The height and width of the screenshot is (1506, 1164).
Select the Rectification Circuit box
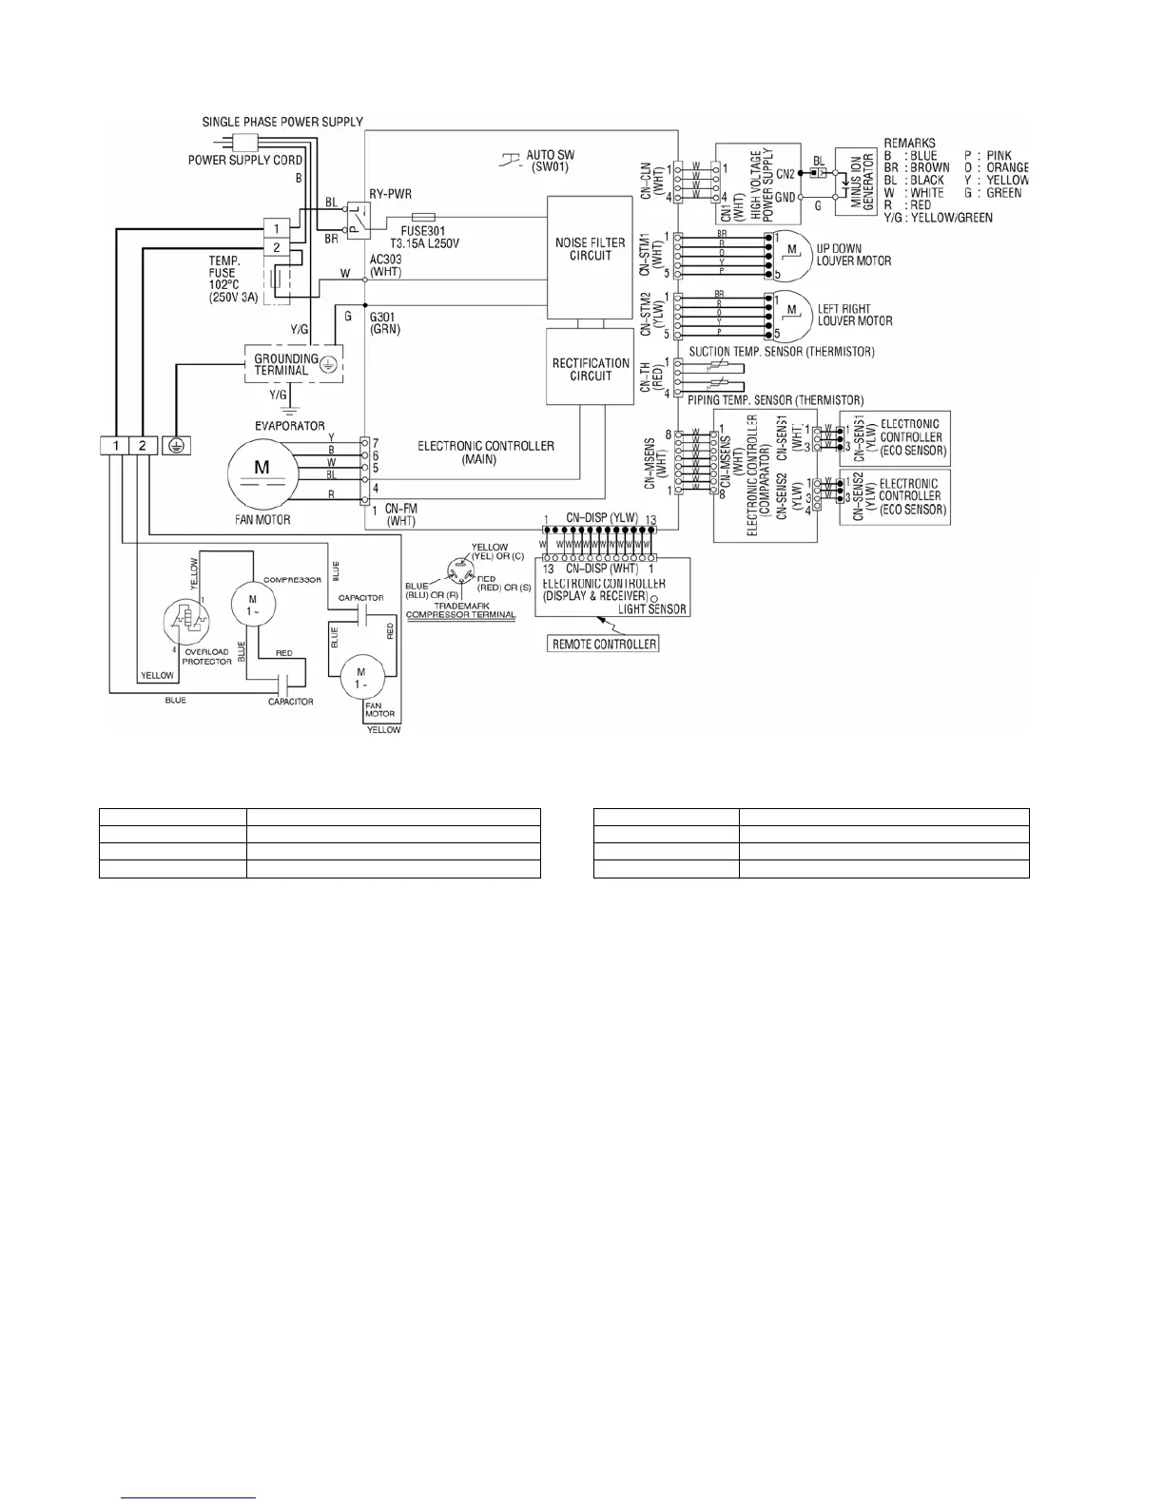pos(591,368)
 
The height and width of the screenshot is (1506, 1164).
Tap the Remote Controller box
pos(605,644)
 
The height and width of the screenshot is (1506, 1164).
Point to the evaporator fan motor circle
pos(262,473)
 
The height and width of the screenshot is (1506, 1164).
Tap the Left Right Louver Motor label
pos(855,315)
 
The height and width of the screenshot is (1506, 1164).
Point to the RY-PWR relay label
pos(390,193)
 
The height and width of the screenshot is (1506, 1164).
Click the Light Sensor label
pos(652,608)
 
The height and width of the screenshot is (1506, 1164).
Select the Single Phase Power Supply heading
pos(282,123)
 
